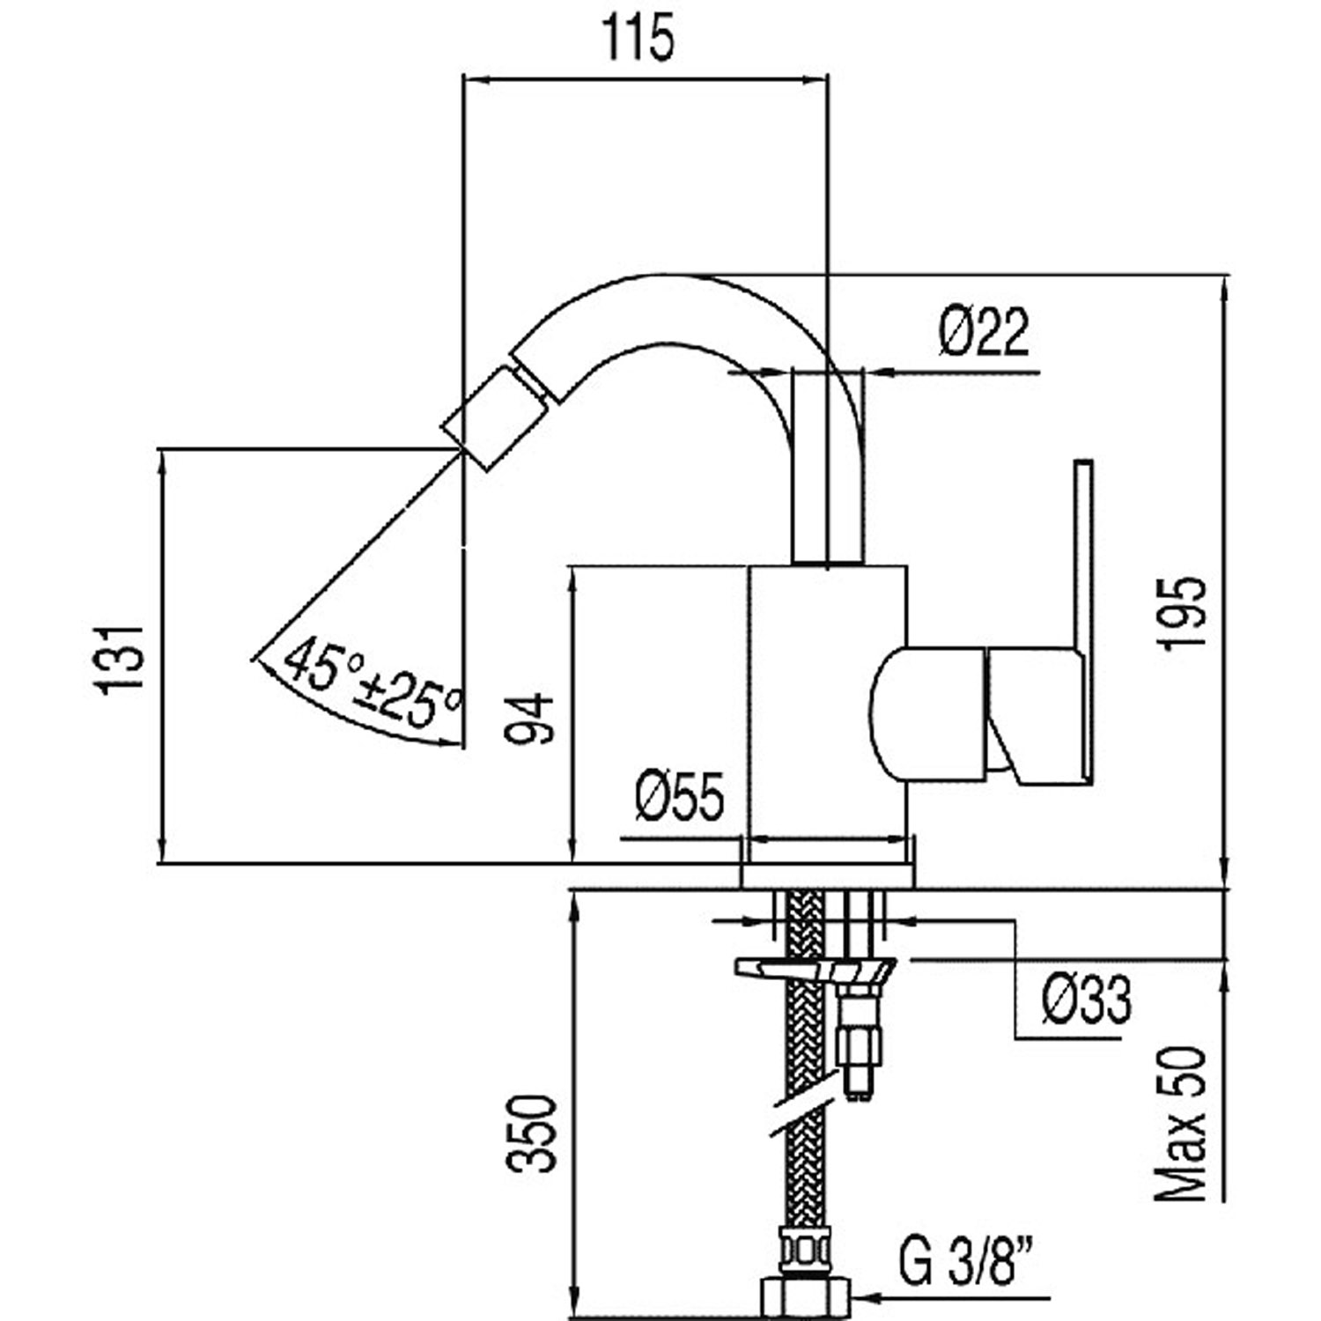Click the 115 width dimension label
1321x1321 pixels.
pos(638,40)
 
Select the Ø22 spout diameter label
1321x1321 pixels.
pos(984,333)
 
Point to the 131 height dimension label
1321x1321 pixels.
pos(121,660)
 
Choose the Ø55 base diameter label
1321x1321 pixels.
pos(679,796)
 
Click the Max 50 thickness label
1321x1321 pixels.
pos(1182,1124)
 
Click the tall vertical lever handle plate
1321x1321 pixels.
pos(1084,616)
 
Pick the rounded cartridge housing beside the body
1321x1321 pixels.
pos(929,713)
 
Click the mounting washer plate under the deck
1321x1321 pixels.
pos(815,969)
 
